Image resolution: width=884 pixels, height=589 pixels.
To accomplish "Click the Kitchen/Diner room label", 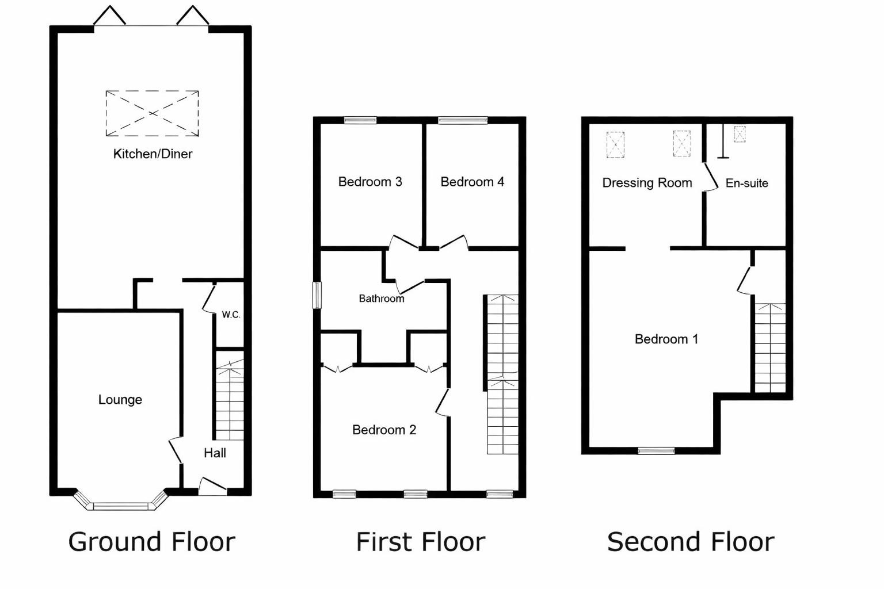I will click(153, 154).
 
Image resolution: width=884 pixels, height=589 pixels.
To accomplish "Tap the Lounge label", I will click(120, 400).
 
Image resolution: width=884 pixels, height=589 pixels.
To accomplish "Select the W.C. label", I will click(231, 315).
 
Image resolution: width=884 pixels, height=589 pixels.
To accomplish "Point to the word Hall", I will click(215, 453).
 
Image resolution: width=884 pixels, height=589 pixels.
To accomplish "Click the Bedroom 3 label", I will click(370, 182).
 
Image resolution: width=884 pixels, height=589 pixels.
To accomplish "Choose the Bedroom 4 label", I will click(472, 182).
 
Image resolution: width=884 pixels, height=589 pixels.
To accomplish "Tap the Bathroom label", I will click(381, 299).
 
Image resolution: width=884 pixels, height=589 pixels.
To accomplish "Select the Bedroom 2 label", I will click(384, 430).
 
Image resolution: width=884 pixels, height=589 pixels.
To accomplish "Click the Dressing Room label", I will click(647, 183).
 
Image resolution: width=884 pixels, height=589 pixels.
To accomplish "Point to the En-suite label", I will click(746, 183).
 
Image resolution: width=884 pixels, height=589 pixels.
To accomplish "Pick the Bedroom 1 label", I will click(666, 339).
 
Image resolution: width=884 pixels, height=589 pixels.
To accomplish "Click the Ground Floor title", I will click(152, 542).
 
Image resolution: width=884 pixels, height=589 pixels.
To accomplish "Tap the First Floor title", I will click(421, 542).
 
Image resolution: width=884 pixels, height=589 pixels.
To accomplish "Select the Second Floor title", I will click(691, 542).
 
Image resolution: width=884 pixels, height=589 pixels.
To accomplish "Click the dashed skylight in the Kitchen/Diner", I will click(152, 113).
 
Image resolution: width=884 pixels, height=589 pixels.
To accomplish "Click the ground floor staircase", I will click(230, 400).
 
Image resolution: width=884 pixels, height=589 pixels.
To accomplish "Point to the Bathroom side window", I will click(317, 294).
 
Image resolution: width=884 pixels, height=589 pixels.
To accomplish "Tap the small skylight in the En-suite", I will click(740, 134).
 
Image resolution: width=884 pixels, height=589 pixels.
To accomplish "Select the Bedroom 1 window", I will click(656, 450).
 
